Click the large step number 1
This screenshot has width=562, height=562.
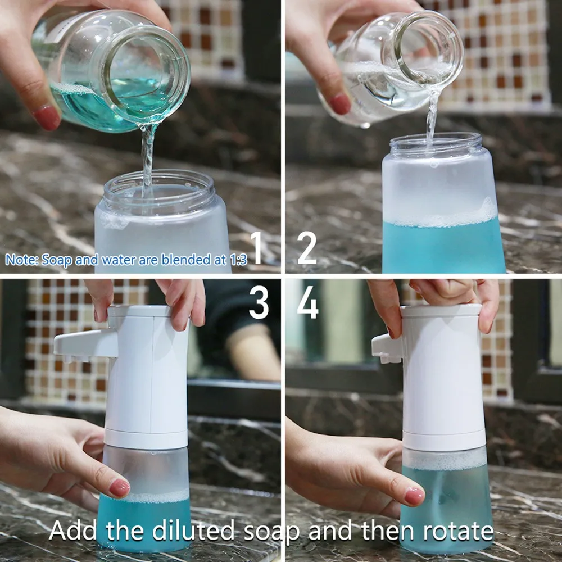(x=256, y=247)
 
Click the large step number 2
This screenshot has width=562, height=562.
(x=307, y=247)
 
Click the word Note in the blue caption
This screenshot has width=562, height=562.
(x=20, y=259)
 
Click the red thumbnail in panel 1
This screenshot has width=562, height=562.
(x=47, y=118)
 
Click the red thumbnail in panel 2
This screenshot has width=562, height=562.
(x=339, y=103)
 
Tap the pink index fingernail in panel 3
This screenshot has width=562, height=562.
(x=119, y=488)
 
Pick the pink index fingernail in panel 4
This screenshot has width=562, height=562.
(x=414, y=496)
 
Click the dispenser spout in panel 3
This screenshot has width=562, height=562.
(x=85, y=345)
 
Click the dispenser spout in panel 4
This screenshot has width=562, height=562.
(x=387, y=348)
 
